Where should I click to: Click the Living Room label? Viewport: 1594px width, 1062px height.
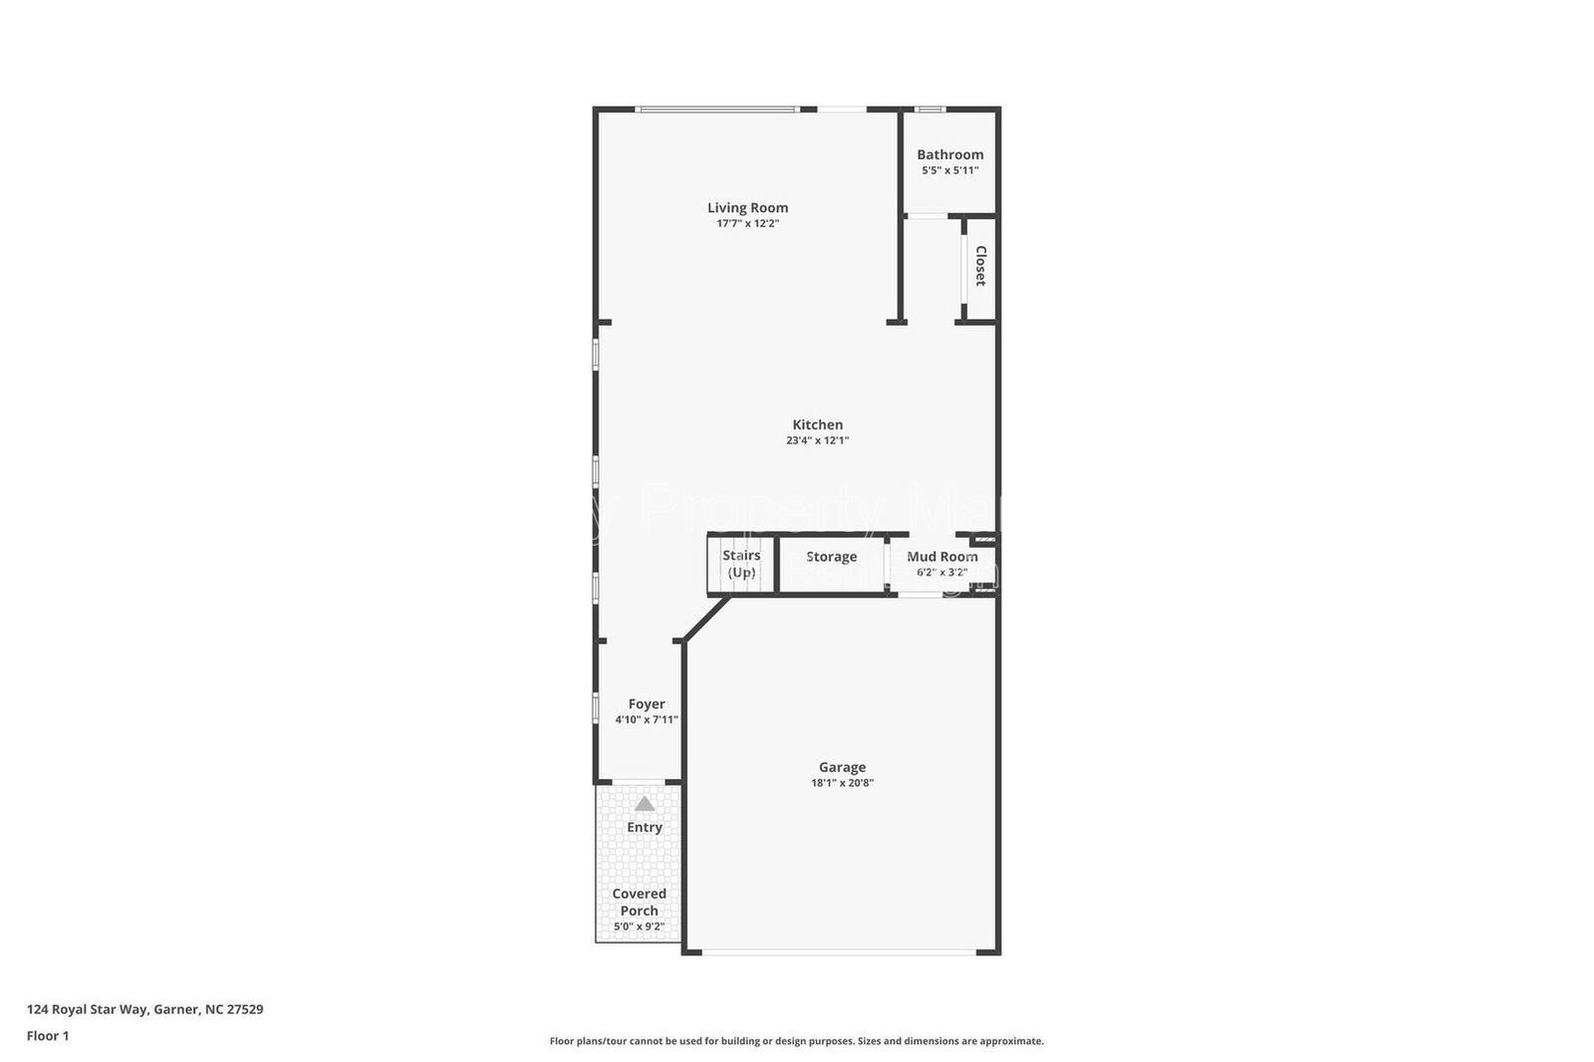pos(747,207)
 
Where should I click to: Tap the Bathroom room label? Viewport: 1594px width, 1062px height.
pos(949,154)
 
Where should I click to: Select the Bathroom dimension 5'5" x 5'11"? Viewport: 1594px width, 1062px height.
pos(949,170)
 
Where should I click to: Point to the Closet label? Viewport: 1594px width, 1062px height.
pos(980,266)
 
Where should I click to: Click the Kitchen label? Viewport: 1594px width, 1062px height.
pos(817,424)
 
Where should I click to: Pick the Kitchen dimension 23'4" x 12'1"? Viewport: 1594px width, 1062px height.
pos(817,440)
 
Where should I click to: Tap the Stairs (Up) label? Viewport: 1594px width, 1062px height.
pos(741,564)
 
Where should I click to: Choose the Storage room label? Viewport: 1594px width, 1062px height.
pos(831,557)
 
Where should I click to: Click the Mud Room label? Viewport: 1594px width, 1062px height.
pos(941,557)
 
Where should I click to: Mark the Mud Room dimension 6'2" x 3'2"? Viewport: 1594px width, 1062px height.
pos(941,572)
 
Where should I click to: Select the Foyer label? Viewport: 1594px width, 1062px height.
pos(647,703)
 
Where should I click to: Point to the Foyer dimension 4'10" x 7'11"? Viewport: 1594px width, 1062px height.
pos(647,719)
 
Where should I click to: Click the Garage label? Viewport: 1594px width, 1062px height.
pos(842,767)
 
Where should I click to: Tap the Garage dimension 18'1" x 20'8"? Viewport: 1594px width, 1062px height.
pos(842,783)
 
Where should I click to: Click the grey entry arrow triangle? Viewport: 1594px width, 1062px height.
pos(645,804)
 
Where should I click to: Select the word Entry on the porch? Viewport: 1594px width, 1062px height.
pos(645,827)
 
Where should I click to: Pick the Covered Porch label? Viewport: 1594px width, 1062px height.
pos(639,902)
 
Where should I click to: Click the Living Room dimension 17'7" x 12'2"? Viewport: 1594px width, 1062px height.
pos(747,223)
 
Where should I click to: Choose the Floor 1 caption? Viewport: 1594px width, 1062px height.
pos(48,1036)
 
